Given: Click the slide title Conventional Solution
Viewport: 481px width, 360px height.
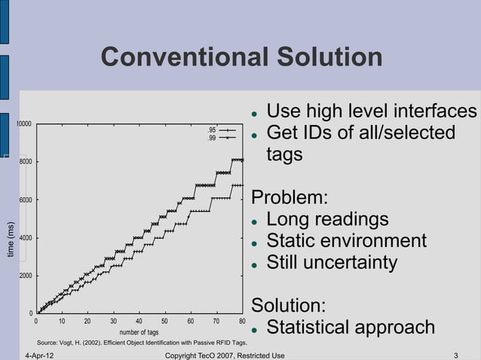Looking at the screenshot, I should click(x=241, y=57).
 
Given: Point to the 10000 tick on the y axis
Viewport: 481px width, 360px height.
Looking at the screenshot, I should click(x=25, y=124).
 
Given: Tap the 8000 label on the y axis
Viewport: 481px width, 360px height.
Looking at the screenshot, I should click(x=25, y=161).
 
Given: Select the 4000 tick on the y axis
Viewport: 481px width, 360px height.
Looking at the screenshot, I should click(x=25, y=238).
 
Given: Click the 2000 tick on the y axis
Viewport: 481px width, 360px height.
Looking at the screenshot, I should click(x=25, y=276).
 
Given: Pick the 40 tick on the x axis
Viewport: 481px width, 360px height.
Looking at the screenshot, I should click(x=139, y=321).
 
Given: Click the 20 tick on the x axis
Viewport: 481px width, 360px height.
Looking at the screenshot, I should click(x=87, y=321).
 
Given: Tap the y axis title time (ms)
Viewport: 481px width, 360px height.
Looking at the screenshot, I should click(x=10, y=239).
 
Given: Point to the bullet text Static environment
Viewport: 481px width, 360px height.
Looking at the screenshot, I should click(x=346, y=242).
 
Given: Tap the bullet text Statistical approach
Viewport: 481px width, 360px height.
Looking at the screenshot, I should click(x=351, y=328).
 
